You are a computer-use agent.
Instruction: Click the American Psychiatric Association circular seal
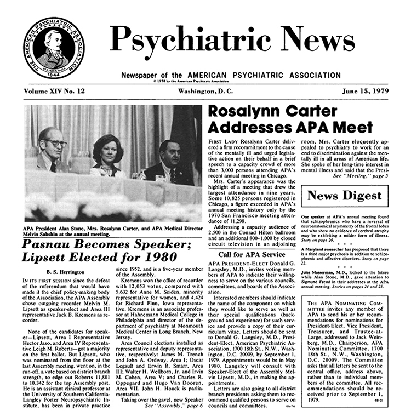50,47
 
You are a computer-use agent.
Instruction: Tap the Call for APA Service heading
252,254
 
